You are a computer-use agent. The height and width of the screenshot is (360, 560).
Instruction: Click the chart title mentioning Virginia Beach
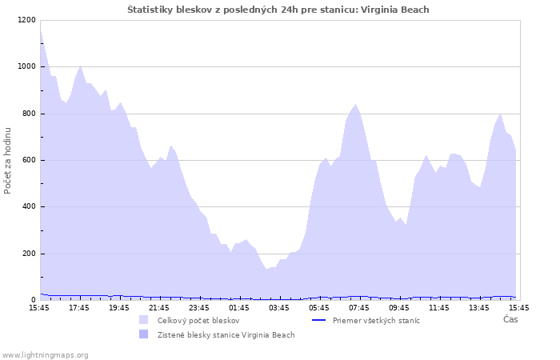pyautogui.click(x=278, y=10)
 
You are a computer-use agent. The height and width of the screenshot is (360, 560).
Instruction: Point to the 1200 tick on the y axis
pyautogui.click(x=26, y=20)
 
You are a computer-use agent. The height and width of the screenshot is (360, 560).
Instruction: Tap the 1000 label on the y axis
pyautogui.click(x=26, y=66)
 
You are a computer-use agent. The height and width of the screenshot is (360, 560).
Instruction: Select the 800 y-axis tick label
pyautogui.click(x=28, y=114)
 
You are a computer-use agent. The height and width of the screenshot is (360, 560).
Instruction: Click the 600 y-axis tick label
pyautogui.click(x=28, y=160)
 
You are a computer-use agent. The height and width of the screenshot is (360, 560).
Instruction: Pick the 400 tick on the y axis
pyautogui.click(x=28, y=207)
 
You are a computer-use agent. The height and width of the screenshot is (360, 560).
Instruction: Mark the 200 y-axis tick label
pyautogui.click(x=28, y=254)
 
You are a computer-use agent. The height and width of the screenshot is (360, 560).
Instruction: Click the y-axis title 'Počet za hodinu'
pyautogui.click(x=8, y=160)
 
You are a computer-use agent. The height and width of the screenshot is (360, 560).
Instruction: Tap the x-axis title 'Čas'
pyautogui.click(x=510, y=319)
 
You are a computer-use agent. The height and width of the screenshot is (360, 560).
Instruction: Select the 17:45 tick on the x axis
pyautogui.click(x=79, y=307)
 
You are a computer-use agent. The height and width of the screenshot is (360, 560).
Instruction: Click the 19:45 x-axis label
pyautogui.click(x=119, y=307)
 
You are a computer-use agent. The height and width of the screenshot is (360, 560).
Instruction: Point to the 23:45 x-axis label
pyautogui.click(x=199, y=307)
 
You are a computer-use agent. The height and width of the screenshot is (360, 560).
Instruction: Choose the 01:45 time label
pyautogui.click(x=239, y=307)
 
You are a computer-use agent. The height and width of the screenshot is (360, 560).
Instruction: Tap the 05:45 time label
pyautogui.click(x=319, y=307)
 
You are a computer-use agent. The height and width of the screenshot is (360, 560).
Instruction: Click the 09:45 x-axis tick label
pyautogui.click(x=399, y=307)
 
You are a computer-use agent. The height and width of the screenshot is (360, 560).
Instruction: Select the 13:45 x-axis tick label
pyautogui.click(x=479, y=307)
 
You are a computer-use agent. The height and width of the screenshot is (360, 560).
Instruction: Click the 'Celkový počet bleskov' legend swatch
pyautogui.click(x=144, y=320)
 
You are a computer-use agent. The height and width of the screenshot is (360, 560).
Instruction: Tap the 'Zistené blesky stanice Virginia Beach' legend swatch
pyautogui.click(x=144, y=334)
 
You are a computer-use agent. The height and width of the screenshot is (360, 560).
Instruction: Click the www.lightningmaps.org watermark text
pyautogui.click(x=46, y=354)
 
